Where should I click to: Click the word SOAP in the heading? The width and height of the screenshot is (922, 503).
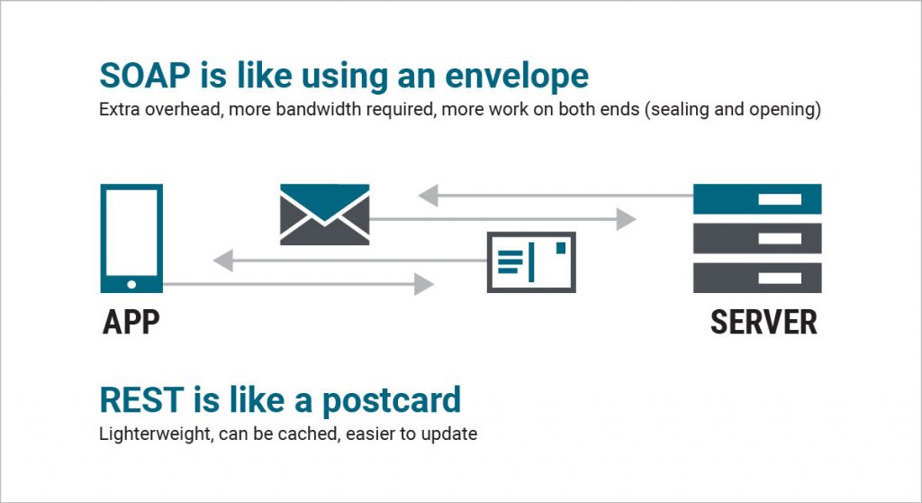coord(145,76)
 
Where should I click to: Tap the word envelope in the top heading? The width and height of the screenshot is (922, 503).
coord(517,78)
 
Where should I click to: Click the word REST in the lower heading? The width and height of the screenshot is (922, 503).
coord(141,399)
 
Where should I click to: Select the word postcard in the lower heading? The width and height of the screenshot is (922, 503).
coord(391,402)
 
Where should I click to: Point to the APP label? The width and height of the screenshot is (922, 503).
coord(131,322)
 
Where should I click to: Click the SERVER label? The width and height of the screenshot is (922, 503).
coord(764,322)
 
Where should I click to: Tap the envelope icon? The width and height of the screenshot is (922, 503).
coord(324,215)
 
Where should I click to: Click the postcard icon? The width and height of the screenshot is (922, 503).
coord(531,262)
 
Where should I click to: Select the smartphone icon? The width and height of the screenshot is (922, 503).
coord(131,238)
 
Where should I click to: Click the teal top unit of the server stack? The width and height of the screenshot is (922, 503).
coord(757,199)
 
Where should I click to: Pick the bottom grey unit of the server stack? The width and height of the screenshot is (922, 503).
coord(757,278)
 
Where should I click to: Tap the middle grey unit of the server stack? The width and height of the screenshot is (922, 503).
coord(757,239)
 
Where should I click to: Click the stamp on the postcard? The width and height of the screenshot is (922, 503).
coord(561,248)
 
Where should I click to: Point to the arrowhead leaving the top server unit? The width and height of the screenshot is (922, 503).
coord(428,196)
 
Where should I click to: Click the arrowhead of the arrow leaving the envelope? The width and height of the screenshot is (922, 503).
coord(627,219)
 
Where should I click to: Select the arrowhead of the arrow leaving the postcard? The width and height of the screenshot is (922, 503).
coord(223,261)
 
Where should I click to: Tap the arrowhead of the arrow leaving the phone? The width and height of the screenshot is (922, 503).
coord(424,285)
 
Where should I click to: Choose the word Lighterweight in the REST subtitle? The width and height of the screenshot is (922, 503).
coord(155,434)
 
